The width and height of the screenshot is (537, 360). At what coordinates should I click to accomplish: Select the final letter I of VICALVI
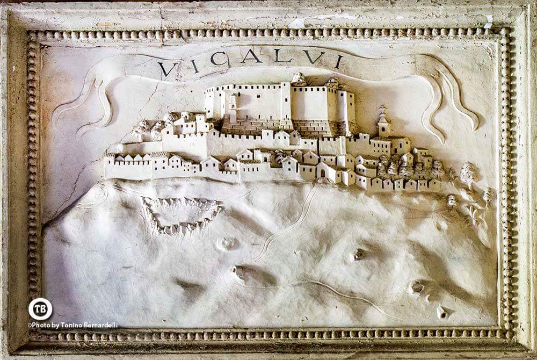(x=338, y=61)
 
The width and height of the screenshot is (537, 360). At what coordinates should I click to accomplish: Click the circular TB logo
(x=40, y=309)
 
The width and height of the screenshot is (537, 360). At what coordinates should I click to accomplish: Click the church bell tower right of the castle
(x=383, y=122)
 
